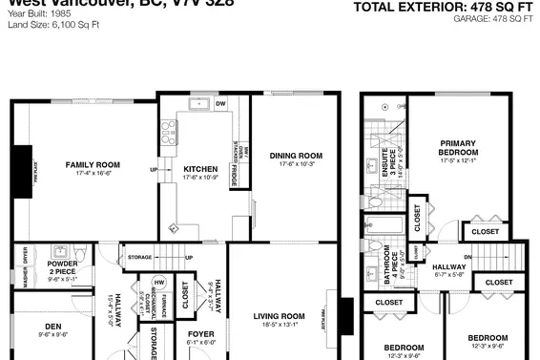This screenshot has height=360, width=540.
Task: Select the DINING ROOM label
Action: coord(296,156)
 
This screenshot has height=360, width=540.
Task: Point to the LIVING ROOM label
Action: coord(279,316)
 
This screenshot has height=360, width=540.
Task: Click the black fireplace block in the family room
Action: coord(20,167)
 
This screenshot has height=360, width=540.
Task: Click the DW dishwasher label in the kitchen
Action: coord(219,103)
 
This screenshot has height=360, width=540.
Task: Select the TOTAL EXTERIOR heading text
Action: coord(441,7)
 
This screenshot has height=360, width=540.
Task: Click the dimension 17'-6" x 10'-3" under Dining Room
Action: coord(296,164)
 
